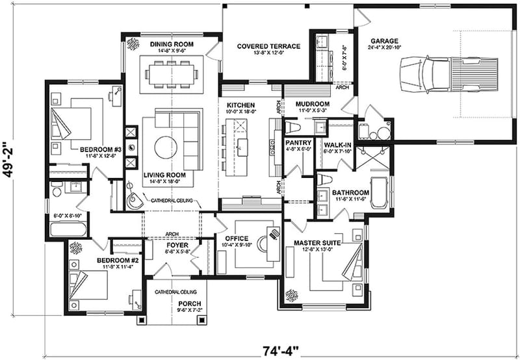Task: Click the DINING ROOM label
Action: (x=168, y=44)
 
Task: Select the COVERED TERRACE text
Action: (x=268, y=46)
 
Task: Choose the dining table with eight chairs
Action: (x=170, y=73)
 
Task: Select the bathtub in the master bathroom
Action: (x=378, y=192)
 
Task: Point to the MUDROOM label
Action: (x=313, y=104)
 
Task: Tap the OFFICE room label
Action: (x=236, y=238)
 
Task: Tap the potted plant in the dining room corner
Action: (x=133, y=44)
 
